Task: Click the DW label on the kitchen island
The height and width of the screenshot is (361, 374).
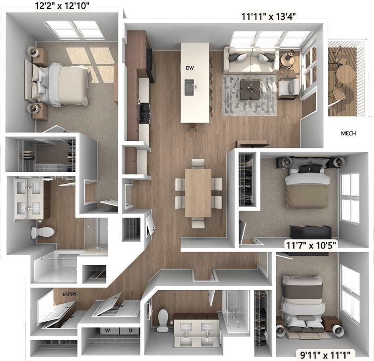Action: (x=189, y=68)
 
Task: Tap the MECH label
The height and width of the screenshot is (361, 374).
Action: (x=348, y=133)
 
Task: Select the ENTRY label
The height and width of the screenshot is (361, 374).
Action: (x=70, y=295)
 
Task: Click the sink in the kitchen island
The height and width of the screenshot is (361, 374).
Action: (x=189, y=87)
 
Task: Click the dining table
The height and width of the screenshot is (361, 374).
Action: (x=198, y=193)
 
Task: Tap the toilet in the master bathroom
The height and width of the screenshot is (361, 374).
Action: (x=43, y=232)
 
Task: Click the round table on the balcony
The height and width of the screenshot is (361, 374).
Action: (x=346, y=74)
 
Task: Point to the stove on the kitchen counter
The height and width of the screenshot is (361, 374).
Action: (x=144, y=112)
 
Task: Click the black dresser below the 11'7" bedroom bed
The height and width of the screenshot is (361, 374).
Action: (x=311, y=232)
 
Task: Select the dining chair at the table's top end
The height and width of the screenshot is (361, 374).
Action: (x=198, y=163)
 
